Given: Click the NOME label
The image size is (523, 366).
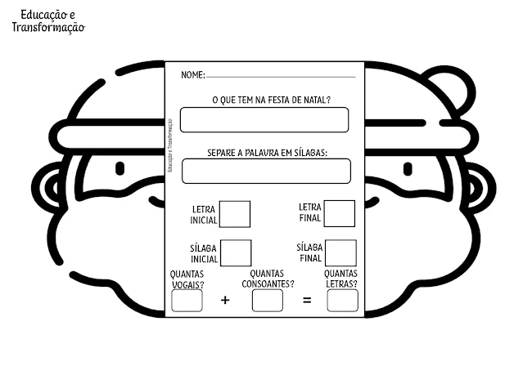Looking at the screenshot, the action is pyautogui.click(x=192, y=75).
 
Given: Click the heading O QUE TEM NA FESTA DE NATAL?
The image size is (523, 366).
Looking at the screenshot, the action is pyautogui.click(x=271, y=100).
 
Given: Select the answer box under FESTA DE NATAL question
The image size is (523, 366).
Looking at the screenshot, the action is pyautogui.click(x=264, y=119).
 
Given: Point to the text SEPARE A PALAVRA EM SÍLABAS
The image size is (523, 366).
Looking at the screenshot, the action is pyautogui.click(x=267, y=152).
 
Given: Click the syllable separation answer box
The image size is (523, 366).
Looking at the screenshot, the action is pyautogui.click(x=266, y=171).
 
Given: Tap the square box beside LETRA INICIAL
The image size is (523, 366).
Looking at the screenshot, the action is pyautogui.click(x=236, y=214).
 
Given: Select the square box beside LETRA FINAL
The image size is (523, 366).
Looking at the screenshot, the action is pyautogui.click(x=339, y=213).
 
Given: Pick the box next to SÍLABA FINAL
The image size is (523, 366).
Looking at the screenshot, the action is pyautogui.click(x=340, y=252).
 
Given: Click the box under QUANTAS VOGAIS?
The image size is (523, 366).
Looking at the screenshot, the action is pyautogui.click(x=187, y=301).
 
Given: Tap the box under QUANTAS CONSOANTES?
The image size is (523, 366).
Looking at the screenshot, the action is pyautogui.click(x=267, y=301).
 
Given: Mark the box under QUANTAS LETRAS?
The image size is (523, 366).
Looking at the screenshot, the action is pyautogui.click(x=342, y=301).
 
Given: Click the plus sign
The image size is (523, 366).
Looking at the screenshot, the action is pyautogui.click(x=225, y=301).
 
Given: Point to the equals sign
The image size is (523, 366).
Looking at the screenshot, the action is pyautogui.click(x=307, y=301).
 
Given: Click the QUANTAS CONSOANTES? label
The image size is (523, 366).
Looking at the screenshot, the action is pyautogui.click(x=267, y=279).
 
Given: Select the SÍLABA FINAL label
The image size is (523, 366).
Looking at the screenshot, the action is pyautogui.click(x=311, y=252).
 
